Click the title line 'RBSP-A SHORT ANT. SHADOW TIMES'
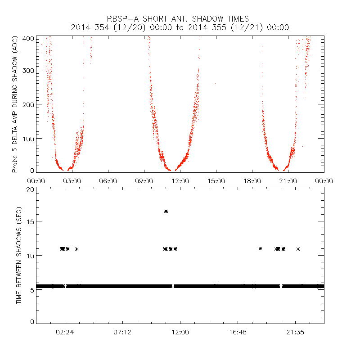tap(180, 19)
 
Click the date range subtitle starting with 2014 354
tap(180, 27)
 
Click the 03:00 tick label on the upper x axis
tap(72, 181)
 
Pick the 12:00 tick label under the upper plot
tap(180, 181)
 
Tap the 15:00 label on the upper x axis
tap(216, 181)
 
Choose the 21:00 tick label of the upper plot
tap(288, 181)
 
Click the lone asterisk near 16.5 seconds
tap(166, 211)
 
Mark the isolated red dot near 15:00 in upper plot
tap(216, 83)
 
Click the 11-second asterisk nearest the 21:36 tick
tap(298, 249)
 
